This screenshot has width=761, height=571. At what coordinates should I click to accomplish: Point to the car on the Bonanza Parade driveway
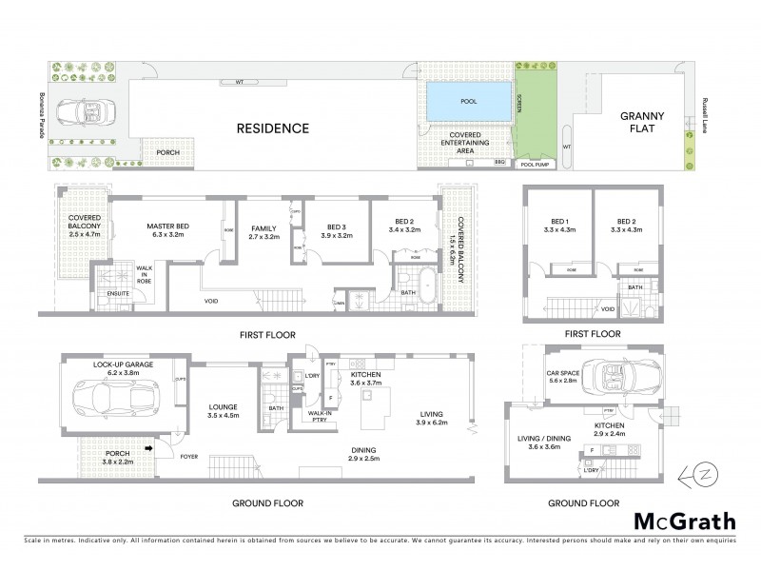[81, 112]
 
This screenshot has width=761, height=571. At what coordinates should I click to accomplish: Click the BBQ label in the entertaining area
[500, 163]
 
